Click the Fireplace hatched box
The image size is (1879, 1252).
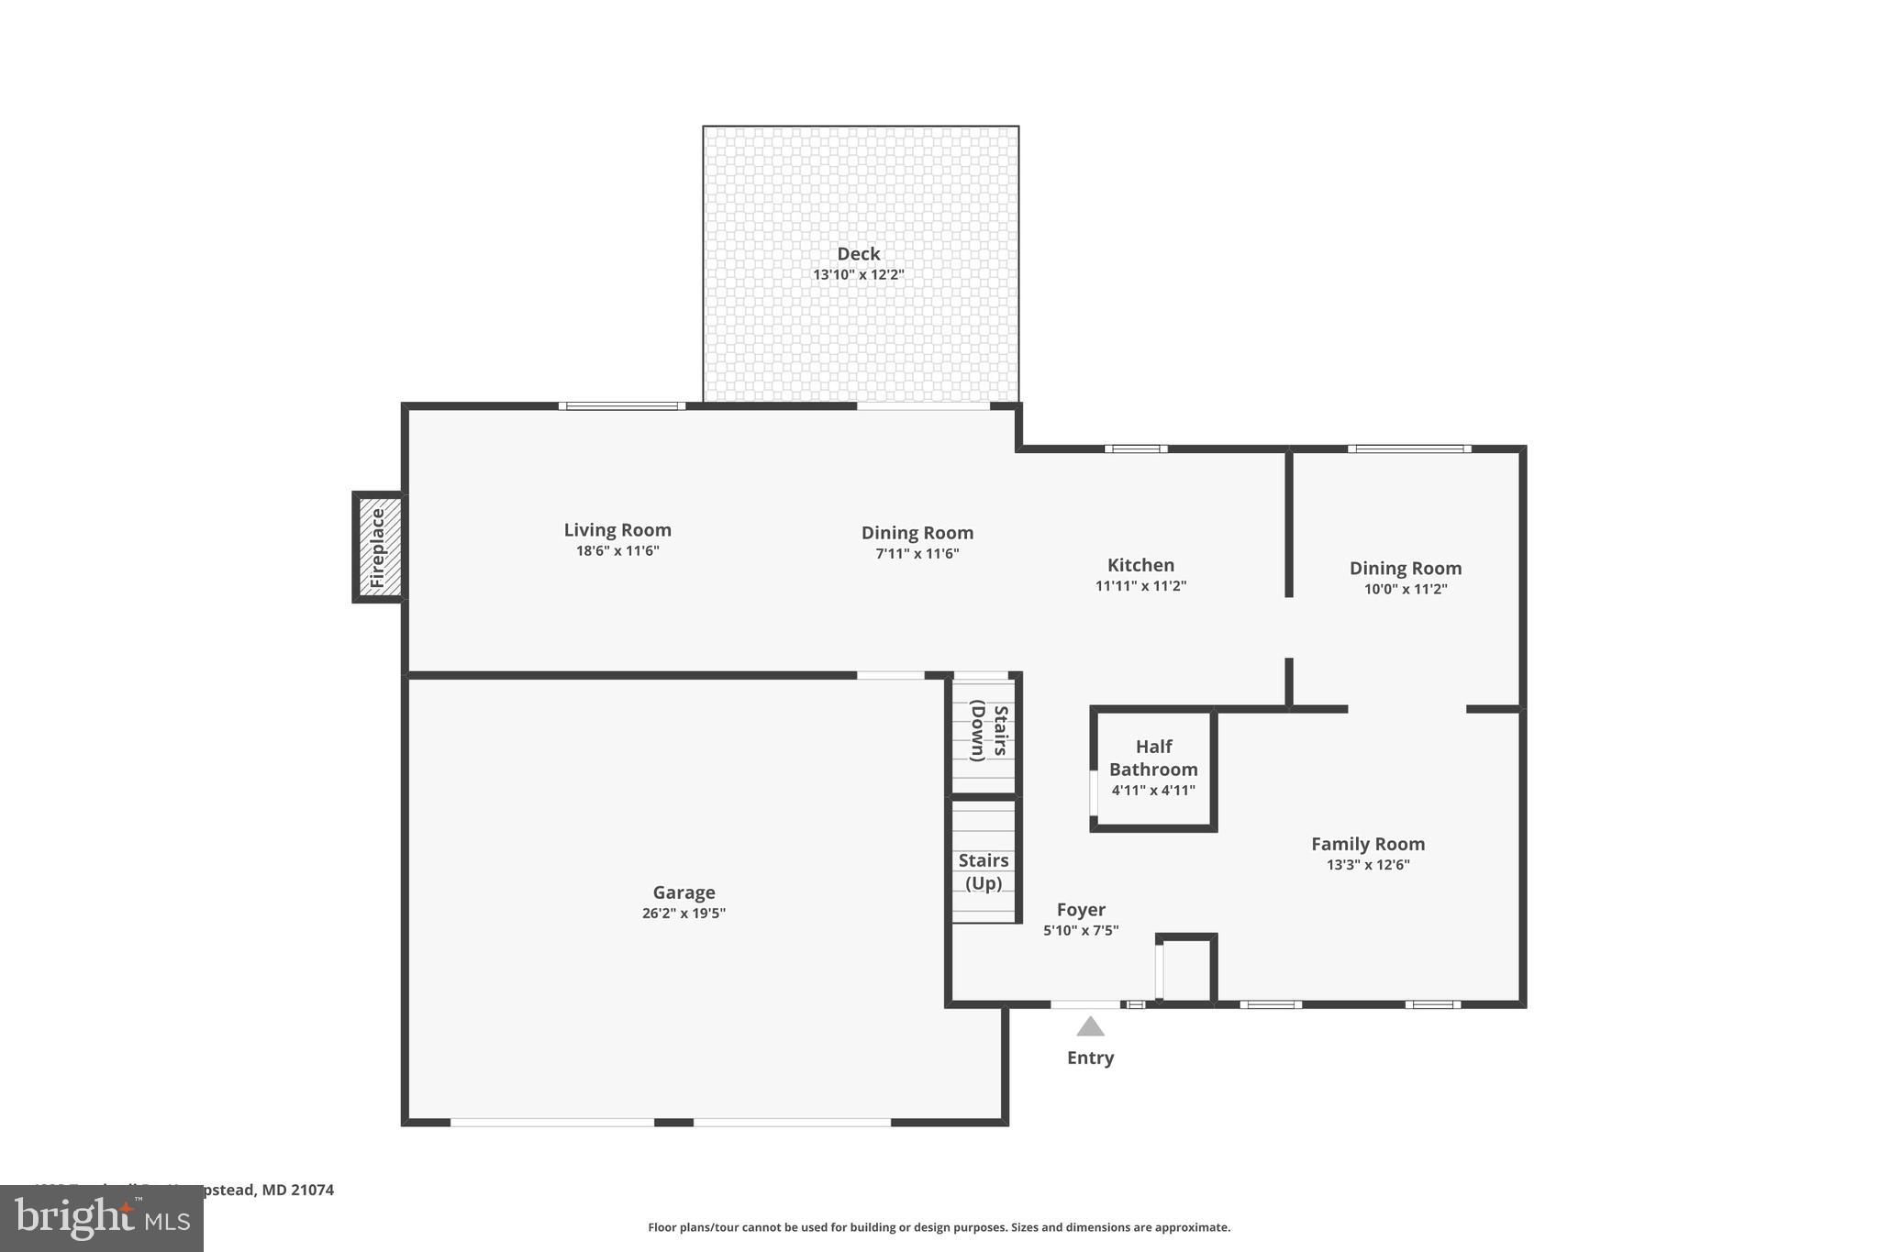pyautogui.click(x=379, y=548)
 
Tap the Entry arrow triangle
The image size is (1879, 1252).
pyautogui.click(x=1090, y=1026)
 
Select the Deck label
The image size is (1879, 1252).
pyautogui.click(x=858, y=254)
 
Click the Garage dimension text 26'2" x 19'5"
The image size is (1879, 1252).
pyautogui.click(x=684, y=914)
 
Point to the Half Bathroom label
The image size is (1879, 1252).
pyautogui.click(x=1153, y=758)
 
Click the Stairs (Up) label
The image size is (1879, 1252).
pyautogui.click(x=984, y=871)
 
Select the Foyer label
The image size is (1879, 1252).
pyautogui.click(x=1081, y=910)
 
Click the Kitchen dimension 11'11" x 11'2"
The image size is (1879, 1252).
pyautogui.click(x=1140, y=586)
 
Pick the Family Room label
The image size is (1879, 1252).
pyautogui.click(x=1367, y=844)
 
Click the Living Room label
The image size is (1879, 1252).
pyautogui.click(x=617, y=530)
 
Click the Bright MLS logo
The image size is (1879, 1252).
pyautogui.click(x=102, y=1219)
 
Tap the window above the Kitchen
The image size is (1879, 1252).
pyautogui.click(x=1136, y=449)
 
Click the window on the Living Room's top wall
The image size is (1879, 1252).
pyautogui.click(x=622, y=405)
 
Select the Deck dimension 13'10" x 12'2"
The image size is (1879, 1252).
pyautogui.click(x=858, y=275)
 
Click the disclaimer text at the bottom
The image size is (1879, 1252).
pyautogui.click(x=939, y=1227)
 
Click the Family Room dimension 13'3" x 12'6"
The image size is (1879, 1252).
pyautogui.click(x=1367, y=865)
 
